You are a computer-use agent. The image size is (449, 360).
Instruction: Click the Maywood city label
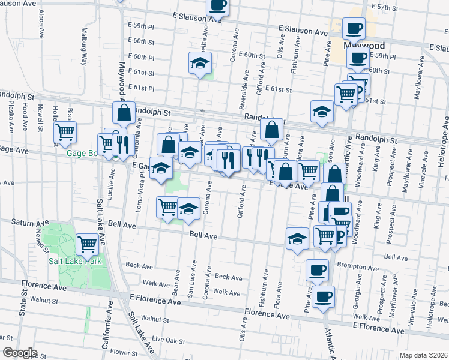click(x=364, y=46)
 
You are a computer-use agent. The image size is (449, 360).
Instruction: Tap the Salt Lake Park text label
click(x=75, y=261)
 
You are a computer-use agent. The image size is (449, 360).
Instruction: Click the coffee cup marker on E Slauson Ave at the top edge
click(x=218, y=5)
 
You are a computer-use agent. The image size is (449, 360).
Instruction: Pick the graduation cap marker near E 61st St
click(x=200, y=63)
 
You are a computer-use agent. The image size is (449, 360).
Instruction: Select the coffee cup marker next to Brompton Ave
click(x=317, y=270)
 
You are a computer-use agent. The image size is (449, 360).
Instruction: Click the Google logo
click(x=20, y=353)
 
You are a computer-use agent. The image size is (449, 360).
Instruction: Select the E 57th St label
click(x=386, y=7)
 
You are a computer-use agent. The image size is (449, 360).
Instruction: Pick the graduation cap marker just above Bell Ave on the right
click(x=297, y=238)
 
